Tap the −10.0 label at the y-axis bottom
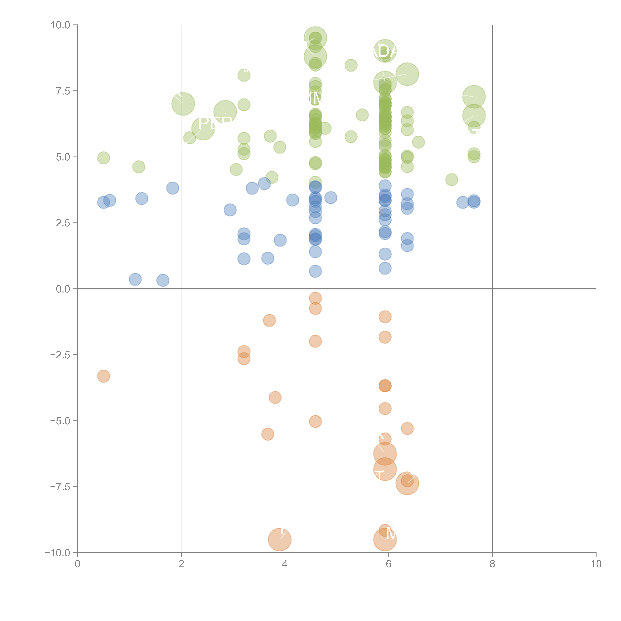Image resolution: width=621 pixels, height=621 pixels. click(58, 553)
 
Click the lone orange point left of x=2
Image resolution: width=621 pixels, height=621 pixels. click(103, 376)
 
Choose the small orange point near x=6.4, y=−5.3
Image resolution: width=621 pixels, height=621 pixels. click(407, 428)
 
